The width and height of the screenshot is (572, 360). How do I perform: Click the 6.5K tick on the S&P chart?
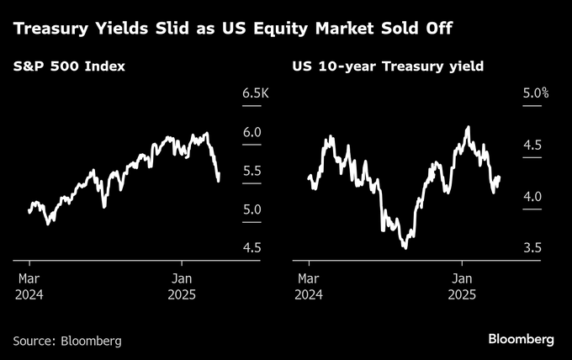[253, 93]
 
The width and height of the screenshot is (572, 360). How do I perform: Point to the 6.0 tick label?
[251, 133]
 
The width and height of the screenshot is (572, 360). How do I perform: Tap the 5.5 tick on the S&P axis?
[251, 172]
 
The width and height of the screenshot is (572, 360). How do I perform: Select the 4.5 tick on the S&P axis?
[251, 248]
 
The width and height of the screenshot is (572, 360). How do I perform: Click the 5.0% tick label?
[535, 93]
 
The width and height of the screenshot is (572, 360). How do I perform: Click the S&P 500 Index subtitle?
[69, 66]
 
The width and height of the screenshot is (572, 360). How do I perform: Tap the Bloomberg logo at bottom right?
[521, 338]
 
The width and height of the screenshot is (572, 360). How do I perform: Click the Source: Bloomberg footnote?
[67, 341]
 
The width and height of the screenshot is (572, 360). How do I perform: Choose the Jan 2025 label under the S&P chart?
[183, 286]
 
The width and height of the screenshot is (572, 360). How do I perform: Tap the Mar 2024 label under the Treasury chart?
[309, 286]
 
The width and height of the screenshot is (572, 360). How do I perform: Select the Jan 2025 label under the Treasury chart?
[462, 286]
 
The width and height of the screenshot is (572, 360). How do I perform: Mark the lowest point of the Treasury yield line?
[405, 247]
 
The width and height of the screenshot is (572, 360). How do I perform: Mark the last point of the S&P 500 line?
[219, 180]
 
